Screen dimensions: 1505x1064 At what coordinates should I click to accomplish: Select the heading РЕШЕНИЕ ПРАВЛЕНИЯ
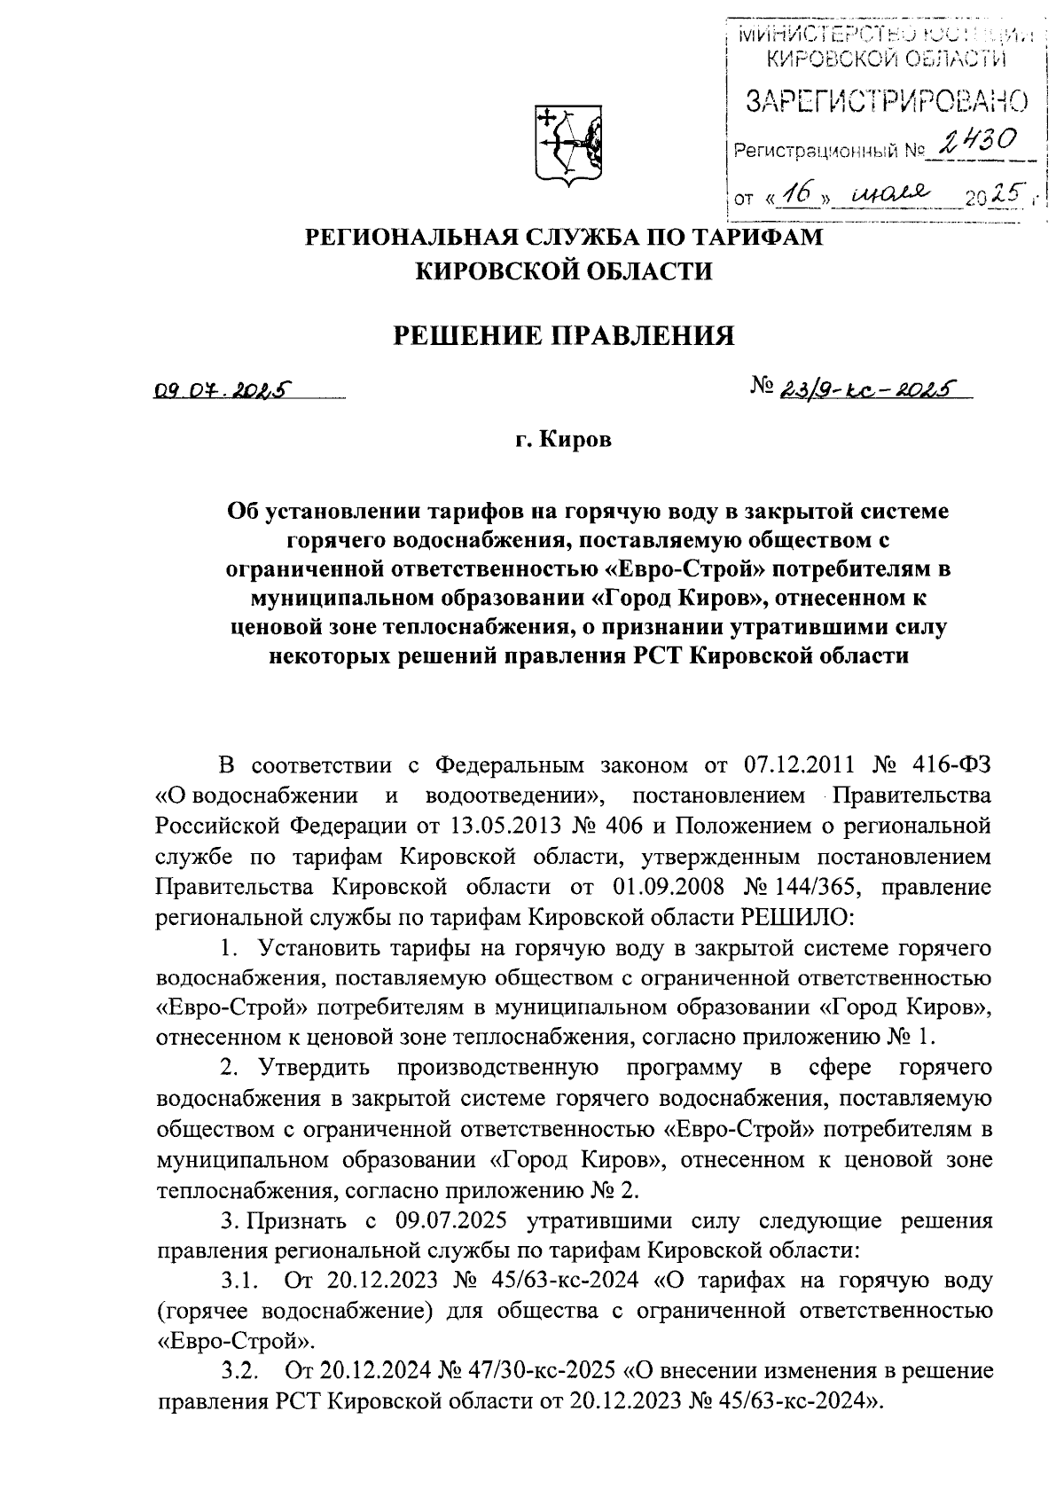pos(565,336)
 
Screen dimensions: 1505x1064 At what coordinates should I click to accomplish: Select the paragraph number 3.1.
pos(239,1282)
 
